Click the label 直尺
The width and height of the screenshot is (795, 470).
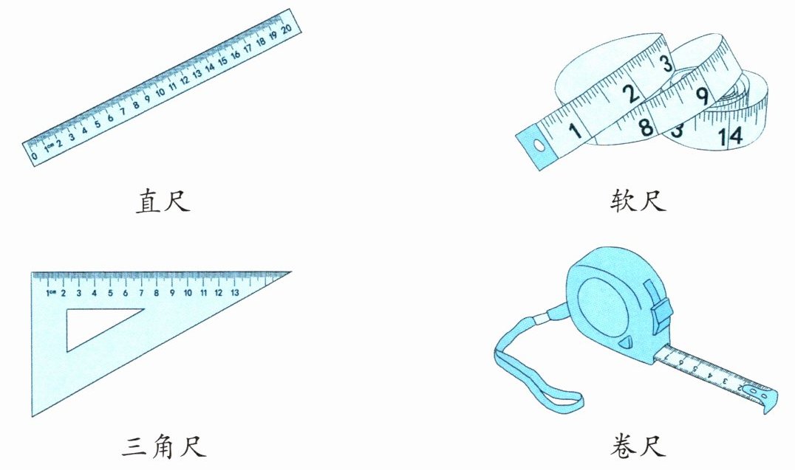pyautogui.click(x=163, y=201)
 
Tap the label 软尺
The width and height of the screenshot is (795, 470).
pyautogui.click(x=638, y=201)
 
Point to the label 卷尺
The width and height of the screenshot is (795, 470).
pyautogui.click(x=638, y=446)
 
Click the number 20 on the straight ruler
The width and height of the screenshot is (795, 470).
pyautogui.click(x=287, y=29)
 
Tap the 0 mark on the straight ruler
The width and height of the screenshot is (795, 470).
pyautogui.click(x=35, y=156)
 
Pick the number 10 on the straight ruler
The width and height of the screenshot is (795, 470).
pyautogui.click(x=160, y=93)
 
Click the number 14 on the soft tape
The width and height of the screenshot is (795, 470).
pyautogui.click(x=730, y=136)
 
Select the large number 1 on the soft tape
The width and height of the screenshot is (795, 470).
pyautogui.click(x=574, y=130)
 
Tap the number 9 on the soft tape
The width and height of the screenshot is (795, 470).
pyautogui.click(x=702, y=96)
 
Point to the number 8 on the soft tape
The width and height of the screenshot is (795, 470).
pyautogui.click(x=646, y=127)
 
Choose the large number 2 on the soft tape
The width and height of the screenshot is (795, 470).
pyautogui.click(x=630, y=94)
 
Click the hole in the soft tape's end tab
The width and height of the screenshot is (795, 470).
pyautogui.click(x=539, y=146)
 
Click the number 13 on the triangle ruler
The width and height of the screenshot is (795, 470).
pyautogui.click(x=234, y=293)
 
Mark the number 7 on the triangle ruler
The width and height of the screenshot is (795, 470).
pyautogui.click(x=141, y=293)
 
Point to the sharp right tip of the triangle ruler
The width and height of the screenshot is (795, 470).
pyautogui.click(x=291, y=272)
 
